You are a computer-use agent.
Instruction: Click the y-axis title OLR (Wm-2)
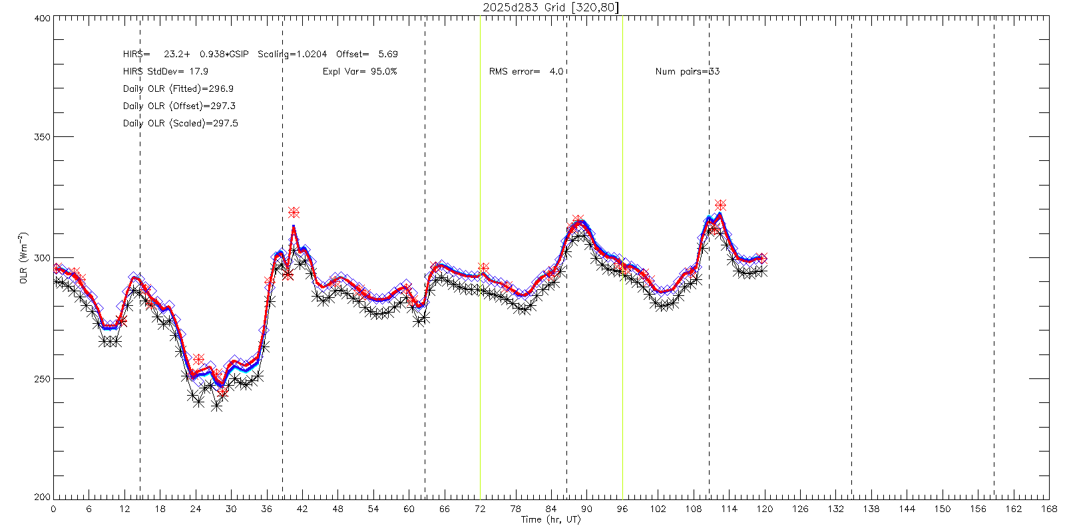[x=24, y=258]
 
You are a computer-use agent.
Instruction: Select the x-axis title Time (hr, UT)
[x=550, y=519]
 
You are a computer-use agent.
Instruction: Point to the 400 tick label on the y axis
[x=42, y=19]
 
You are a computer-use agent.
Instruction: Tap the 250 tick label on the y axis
[x=42, y=378]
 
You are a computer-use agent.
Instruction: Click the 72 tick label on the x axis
[x=480, y=509]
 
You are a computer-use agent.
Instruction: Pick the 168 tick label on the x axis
[x=1049, y=509]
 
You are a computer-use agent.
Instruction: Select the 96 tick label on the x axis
[x=622, y=509]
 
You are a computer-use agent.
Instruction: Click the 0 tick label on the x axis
[x=53, y=509]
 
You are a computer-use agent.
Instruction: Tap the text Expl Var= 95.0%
[x=359, y=71]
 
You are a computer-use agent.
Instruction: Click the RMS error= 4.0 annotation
[x=526, y=71]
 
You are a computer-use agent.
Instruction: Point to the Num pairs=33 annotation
[x=688, y=71]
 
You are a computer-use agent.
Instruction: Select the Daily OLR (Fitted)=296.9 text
[x=178, y=88]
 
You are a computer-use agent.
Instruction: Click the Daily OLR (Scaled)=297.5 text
[x=180, y=123]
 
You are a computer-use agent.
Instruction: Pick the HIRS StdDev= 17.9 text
[x=165, y=71]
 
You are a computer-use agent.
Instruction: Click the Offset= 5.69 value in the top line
[x=367, y=54]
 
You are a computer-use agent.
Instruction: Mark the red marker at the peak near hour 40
[x=294, y=213]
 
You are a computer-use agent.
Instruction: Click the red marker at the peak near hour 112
[x=720, y=205]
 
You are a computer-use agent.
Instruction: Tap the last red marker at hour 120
[x=762, y=258]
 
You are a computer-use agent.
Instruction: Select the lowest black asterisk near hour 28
[x=216, y=405]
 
